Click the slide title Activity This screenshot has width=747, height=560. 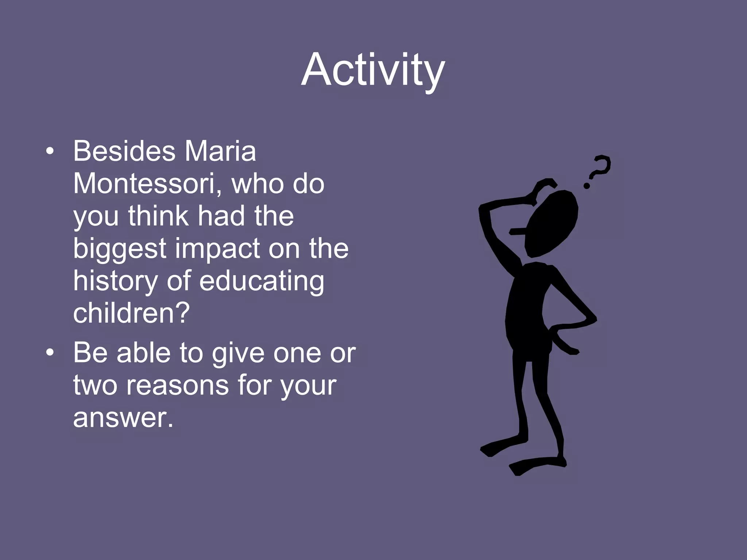pos(373,70)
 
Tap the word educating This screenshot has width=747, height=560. pos(262,281)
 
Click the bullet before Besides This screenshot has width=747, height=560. pos(50,152)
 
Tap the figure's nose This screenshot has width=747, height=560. pos(516,232)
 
